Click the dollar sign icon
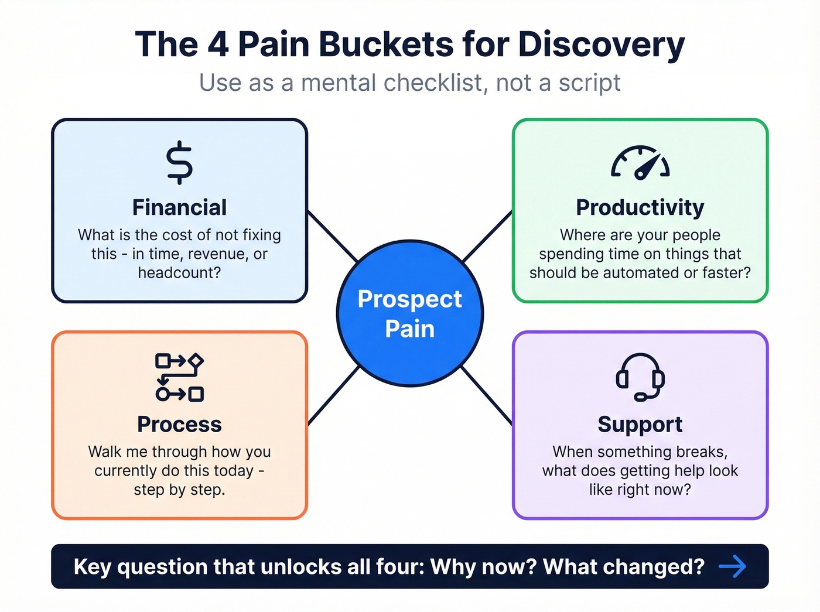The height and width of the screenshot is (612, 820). tap(179, 163)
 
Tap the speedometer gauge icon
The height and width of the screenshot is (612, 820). tap(640, 163)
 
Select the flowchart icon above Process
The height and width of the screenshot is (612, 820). tap(179, 377)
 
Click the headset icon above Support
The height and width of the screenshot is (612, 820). tap(640, 377)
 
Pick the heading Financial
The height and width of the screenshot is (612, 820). tap(179, 208)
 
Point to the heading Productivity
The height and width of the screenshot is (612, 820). tap(640, 208)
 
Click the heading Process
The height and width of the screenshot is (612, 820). tap(179, 425)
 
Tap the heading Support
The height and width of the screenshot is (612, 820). tap(640, 425)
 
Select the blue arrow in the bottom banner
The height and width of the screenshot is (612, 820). tap(732, 566)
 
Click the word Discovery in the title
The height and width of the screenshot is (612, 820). tap(602, 45)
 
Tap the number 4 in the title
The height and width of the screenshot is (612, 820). tap(218, 45)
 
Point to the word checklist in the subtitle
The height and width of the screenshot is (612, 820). tap(435, 83)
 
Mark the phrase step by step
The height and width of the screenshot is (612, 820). tap(179, 490)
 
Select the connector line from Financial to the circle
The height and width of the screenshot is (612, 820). tap(332, 236)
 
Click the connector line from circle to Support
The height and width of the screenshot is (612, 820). tap(487, 395)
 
